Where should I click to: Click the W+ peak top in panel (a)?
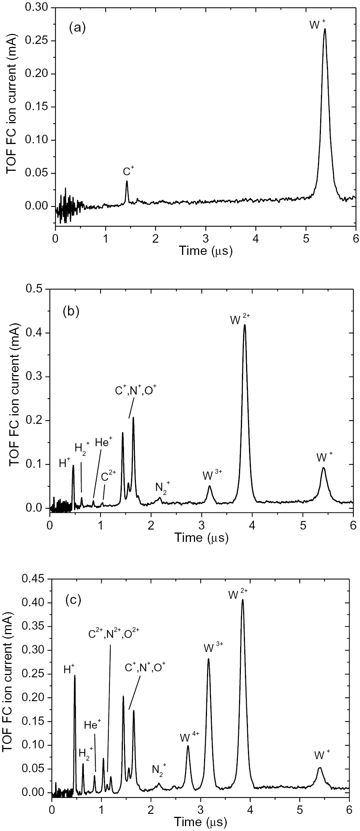coord(325,29)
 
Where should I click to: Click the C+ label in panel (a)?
coord(128,172)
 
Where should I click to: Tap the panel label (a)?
coord(78,28)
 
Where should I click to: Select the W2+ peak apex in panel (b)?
coord(245,325)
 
